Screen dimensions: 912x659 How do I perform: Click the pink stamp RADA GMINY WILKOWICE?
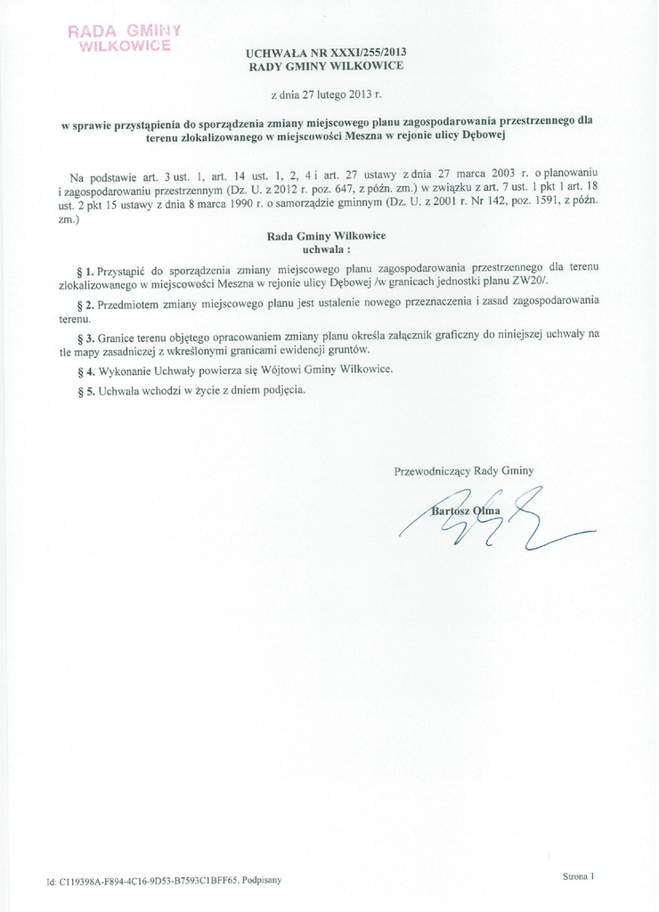125,37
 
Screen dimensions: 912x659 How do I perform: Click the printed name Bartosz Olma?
466,510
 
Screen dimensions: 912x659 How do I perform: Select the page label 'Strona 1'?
578,876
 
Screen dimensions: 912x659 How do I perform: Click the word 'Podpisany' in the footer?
261,880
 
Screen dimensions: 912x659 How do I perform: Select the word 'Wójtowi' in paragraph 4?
252,370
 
